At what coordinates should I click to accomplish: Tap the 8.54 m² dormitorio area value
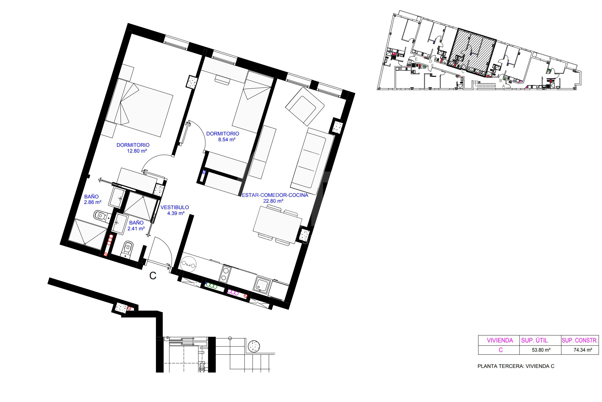click(x=226, y=139)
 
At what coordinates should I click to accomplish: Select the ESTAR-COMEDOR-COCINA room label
click(x=275, y=195)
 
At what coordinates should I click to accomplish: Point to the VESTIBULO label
click(x=175, y=207)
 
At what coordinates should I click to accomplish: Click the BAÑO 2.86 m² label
click(x=92, y=199)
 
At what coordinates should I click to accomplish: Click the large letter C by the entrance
click(x=153, y=276)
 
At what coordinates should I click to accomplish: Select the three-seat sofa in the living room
click(x=312, y=158)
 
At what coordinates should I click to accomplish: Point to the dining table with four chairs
click(x=277, y=225)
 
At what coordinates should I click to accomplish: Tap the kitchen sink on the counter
click(x=262, y=286)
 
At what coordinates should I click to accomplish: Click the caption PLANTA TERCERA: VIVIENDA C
click(x=516, y=366)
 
